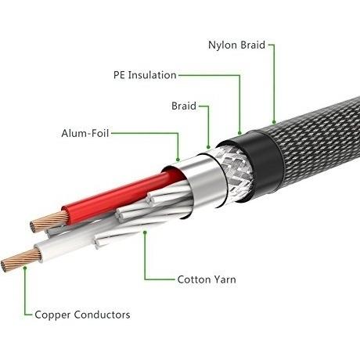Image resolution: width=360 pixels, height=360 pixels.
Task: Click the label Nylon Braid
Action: tap(236, 45)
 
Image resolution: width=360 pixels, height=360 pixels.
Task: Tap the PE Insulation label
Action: tap(145, 75)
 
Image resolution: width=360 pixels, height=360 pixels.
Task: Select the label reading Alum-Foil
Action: tap(85, 133)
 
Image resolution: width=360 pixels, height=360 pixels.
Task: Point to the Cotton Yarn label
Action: tap(207, 279)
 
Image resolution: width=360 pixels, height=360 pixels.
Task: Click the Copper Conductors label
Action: tap(82, 315)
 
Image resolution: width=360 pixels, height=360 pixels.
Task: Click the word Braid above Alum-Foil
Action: tap(184, 106)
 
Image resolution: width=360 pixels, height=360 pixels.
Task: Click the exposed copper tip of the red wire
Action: tap(49, 221)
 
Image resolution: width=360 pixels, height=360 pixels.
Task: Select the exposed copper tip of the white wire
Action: tap(20, 259)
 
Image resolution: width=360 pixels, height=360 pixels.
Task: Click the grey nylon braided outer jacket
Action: tap(319, 142)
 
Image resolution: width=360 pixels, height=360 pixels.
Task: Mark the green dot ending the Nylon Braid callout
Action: tap(274, 122)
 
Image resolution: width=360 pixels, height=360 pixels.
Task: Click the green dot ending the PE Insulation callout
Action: tap(239, 133)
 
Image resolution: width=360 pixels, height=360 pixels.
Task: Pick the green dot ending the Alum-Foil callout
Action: tap(178, 159)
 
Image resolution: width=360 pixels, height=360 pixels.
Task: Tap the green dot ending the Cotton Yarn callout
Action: tap(145, 232)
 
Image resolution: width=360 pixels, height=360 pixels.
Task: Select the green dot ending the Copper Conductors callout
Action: tap(25, 268)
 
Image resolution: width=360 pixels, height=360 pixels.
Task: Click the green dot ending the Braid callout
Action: tap(208, 147)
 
